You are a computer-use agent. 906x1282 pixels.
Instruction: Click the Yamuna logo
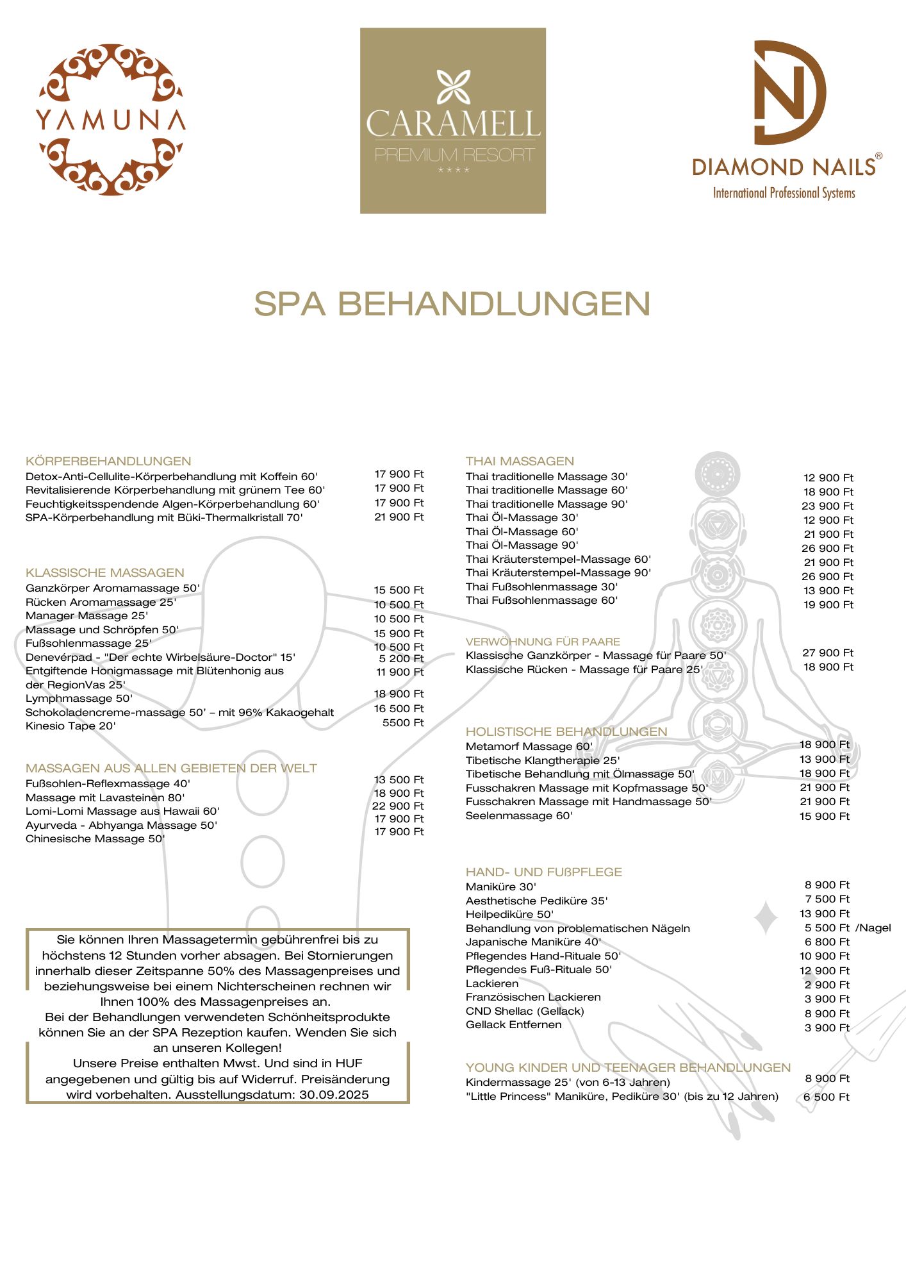tap(111, 119)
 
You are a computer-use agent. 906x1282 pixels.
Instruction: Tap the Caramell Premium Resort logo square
tap(452, 121)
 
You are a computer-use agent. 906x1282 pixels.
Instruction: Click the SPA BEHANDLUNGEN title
tap(452, 304)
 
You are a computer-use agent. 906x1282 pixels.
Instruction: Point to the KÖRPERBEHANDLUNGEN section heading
tap(108, 461)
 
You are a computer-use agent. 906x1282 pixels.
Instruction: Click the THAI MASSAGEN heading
tap(520, 461)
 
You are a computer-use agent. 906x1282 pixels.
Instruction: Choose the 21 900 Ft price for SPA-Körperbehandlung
tap(399, 517)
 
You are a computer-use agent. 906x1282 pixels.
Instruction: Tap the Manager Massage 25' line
tap(86, 616)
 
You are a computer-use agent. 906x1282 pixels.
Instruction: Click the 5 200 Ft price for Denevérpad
tap(401, 658)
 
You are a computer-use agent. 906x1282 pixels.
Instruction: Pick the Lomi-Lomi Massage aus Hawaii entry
tap(122, 812)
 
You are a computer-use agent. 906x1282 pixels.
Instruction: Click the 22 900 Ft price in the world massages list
tap(398, 806)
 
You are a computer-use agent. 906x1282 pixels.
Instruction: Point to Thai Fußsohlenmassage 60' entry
tap(541, 601)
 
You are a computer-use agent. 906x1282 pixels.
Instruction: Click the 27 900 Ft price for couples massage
tap(828, 653)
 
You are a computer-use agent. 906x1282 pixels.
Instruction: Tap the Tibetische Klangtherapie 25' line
tap(542, 760)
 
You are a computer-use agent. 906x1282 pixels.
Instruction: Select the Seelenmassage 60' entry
tap(519, 816)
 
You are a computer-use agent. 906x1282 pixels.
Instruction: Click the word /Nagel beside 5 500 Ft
tap(873, 928)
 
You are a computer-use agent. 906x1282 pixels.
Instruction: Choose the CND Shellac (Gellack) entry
tap(525, 1011)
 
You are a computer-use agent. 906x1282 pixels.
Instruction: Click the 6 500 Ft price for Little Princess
tap(826, 1097)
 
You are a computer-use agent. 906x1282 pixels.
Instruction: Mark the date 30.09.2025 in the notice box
tap(334, 1094)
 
